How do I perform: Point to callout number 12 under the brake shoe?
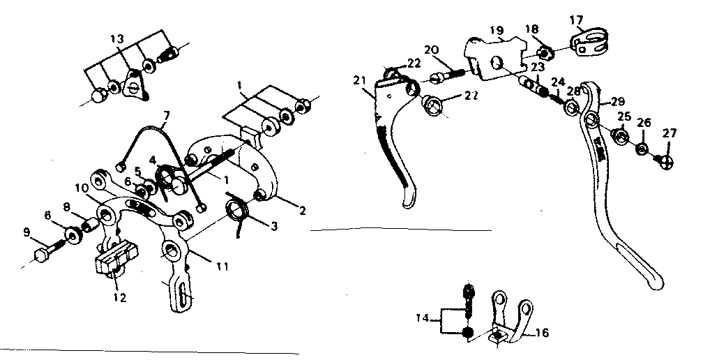120,298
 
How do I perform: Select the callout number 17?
576,19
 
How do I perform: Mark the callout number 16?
541,334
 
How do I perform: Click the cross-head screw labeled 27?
666,160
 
